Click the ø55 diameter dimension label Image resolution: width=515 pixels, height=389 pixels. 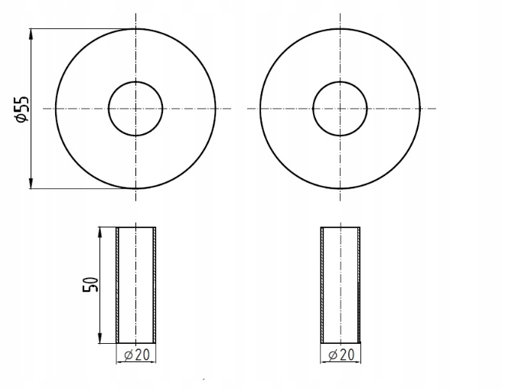(22, 109)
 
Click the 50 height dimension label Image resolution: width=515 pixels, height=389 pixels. (90, 285)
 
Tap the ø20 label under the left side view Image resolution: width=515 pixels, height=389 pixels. (137, 355)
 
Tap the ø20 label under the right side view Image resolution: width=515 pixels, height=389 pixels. (341, 355)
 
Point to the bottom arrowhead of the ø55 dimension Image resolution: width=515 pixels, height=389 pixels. (31, 183)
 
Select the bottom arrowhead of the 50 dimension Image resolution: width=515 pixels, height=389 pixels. (99, 338)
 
